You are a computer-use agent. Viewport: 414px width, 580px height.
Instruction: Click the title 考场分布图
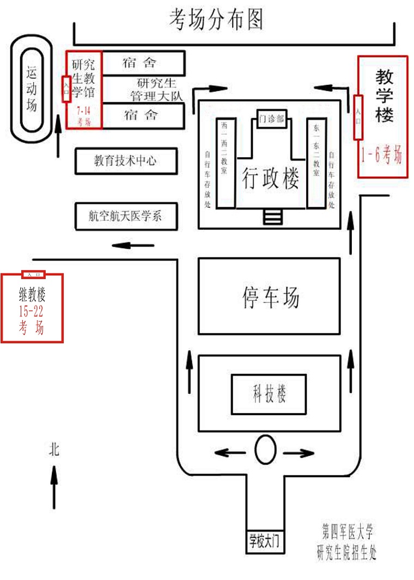[x=216, y=20]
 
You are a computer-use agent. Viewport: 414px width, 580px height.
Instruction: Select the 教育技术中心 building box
[x=125, y=161]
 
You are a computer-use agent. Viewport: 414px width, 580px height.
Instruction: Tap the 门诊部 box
[x=271, y=119]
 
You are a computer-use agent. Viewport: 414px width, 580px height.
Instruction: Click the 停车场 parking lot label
[x=270, y=297]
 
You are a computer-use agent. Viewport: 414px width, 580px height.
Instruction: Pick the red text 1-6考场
[x=382, y=157]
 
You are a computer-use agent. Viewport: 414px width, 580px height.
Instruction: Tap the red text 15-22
[x=32, y=312]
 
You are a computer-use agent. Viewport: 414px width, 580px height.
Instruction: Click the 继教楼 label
[x=32, y=295]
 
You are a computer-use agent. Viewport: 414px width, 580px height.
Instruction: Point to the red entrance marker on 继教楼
[x=33, y=275]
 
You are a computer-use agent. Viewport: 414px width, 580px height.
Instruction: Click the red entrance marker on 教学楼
[x=358, y=116]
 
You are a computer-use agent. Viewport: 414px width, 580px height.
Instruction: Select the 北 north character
[x=54, y=449]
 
